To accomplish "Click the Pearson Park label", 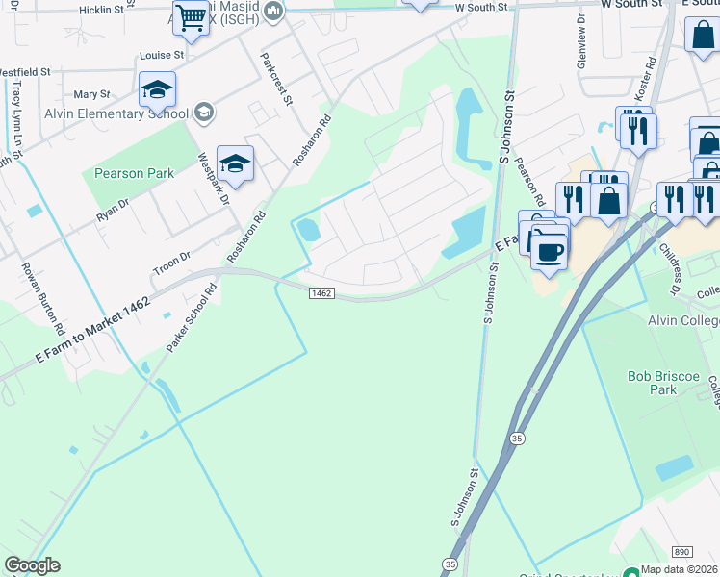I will [134, 174].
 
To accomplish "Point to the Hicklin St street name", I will [102, 10].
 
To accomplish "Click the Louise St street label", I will [161, 56].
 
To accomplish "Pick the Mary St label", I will [92, 94].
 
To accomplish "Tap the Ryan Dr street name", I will [113, 213].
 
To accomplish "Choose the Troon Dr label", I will [172, 254].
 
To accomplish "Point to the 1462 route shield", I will [321, 293].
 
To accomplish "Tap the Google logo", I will [32, 565].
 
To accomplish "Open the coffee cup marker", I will [549, 251].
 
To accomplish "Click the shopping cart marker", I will [191, 20].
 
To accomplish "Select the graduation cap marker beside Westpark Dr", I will [235, 164].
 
